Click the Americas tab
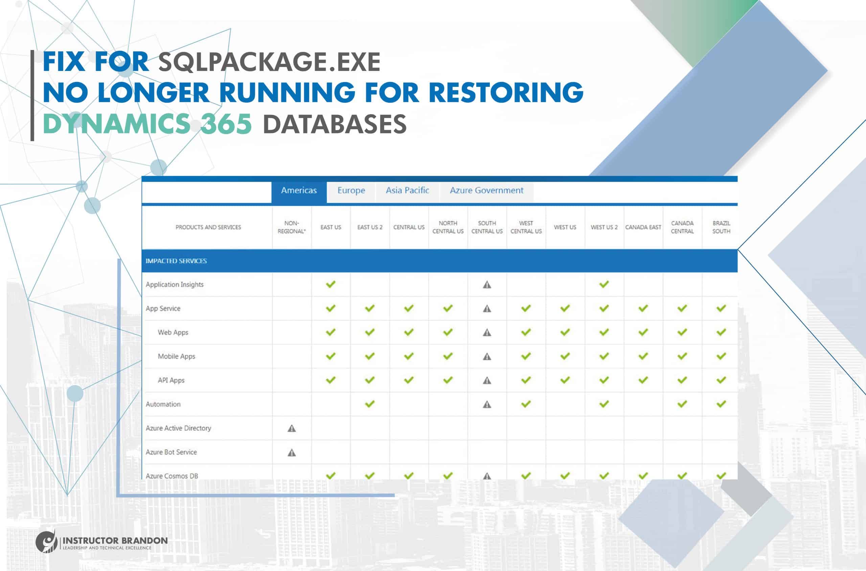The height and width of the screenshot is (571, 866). point(299,191)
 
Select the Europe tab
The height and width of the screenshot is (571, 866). point(351,191)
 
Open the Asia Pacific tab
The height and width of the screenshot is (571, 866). point(407,191)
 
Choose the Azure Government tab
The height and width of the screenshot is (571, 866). point(486,191)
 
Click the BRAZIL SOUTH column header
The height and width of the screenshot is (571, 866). point(721,227)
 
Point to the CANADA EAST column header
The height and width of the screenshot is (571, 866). point(643,227)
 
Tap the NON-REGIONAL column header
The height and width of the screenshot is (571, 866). point(292,227)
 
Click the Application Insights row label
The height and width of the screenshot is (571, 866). point(175,284)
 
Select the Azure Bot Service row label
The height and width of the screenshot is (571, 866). point(172,452)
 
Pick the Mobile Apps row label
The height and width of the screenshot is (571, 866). point(177,356)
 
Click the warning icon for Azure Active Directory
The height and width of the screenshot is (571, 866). point(292,428)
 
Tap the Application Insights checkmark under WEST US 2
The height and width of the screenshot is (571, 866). point(604,284)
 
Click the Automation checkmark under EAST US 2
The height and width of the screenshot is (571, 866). point(370,404)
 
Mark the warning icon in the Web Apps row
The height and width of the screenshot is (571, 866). point(487,332)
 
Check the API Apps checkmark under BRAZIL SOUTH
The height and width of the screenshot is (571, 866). point(721,380)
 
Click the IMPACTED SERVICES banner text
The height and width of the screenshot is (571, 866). point(176,261)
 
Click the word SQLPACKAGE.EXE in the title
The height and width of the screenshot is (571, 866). point(269,62)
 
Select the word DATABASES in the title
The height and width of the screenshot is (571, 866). point(334,124)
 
